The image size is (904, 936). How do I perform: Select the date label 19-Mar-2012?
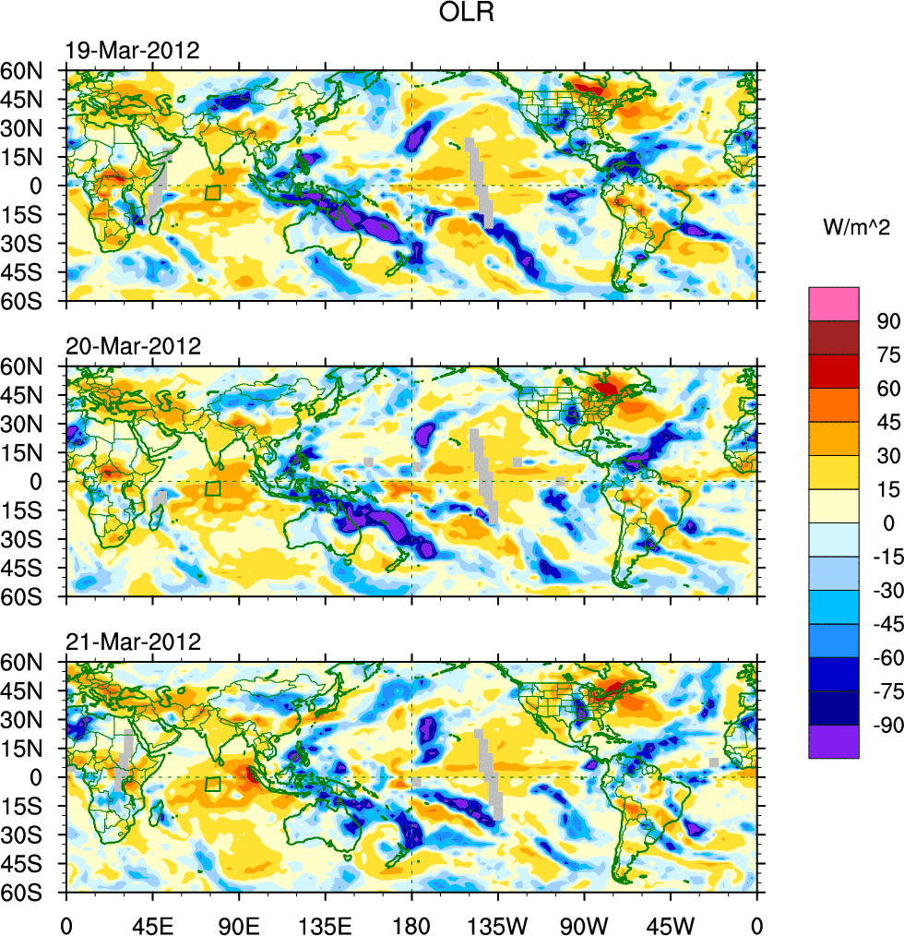[133, 51]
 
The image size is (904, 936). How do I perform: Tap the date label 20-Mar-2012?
[133, 347]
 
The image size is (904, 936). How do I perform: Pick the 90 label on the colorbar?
[887, 320]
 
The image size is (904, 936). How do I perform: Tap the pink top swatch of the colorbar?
[834, 304]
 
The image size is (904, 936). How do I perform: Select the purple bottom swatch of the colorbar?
[834, 742]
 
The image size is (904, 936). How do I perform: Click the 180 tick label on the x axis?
[411, 924]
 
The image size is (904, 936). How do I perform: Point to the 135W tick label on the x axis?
[498, 924]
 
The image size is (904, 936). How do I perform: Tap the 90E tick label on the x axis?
[239, 924]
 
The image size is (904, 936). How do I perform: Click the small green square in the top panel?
[213, 193]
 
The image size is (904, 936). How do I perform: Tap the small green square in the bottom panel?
[213, 785]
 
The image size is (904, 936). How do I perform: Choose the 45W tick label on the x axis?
[671, 924]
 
